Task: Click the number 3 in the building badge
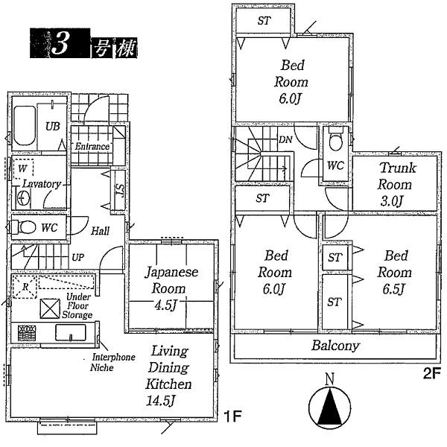point(59,44)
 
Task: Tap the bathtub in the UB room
point(25,125)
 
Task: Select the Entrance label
point(92,146)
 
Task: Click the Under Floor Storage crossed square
point(50,308)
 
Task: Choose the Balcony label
point(335,346)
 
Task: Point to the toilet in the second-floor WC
point(336,139)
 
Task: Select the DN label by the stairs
point(285,140)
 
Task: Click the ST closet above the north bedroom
point(264,20)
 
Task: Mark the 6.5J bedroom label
point(394,272)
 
